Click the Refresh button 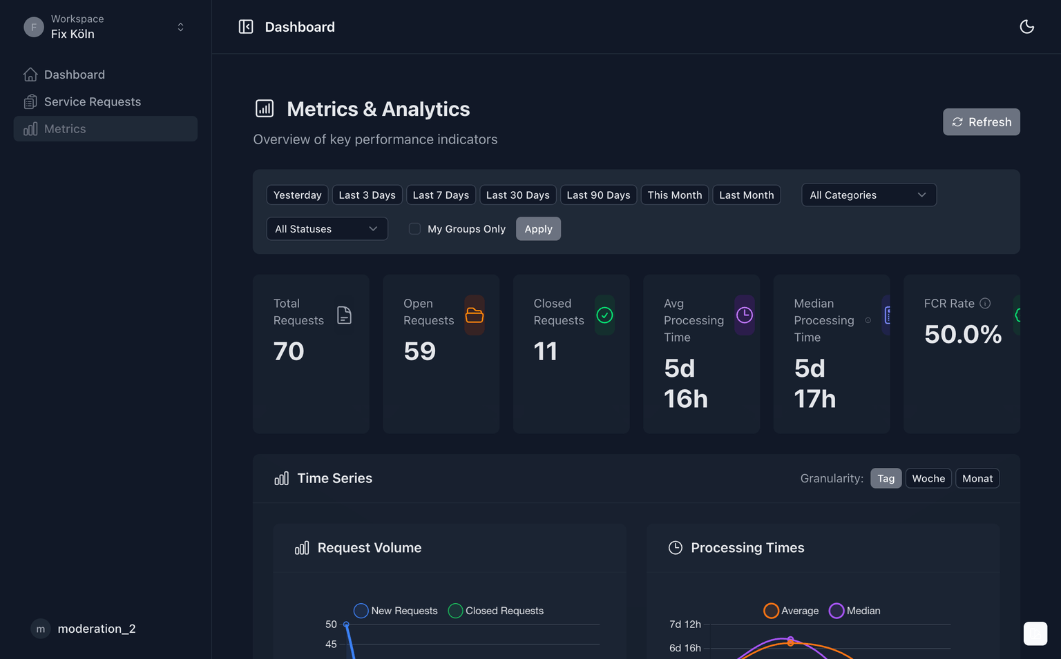[x=981, y=122]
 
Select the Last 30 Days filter [x=517, y=195]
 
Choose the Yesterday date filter [x=297, y=195]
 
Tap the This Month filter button [x=674, y=195]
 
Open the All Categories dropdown [x=868, y=195]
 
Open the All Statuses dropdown [x=327, y=229]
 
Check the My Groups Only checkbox [x=414, y=229]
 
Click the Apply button [x=538, y=229]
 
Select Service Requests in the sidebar [x=92, y=102]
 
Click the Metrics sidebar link [x=65, y=129]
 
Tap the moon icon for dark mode [x=1026, y=27]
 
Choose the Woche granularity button [x=928, y=479]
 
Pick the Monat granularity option [x=977, y=479]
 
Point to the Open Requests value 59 [x=419, y=352]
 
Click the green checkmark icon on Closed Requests [x=604, y=315]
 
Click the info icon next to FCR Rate [x=985, y=304]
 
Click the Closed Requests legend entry [x=496, y=611]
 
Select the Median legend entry [x=855, y=611]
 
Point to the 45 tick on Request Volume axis [x=331, y=645]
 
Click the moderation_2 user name [x=97, y=629]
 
